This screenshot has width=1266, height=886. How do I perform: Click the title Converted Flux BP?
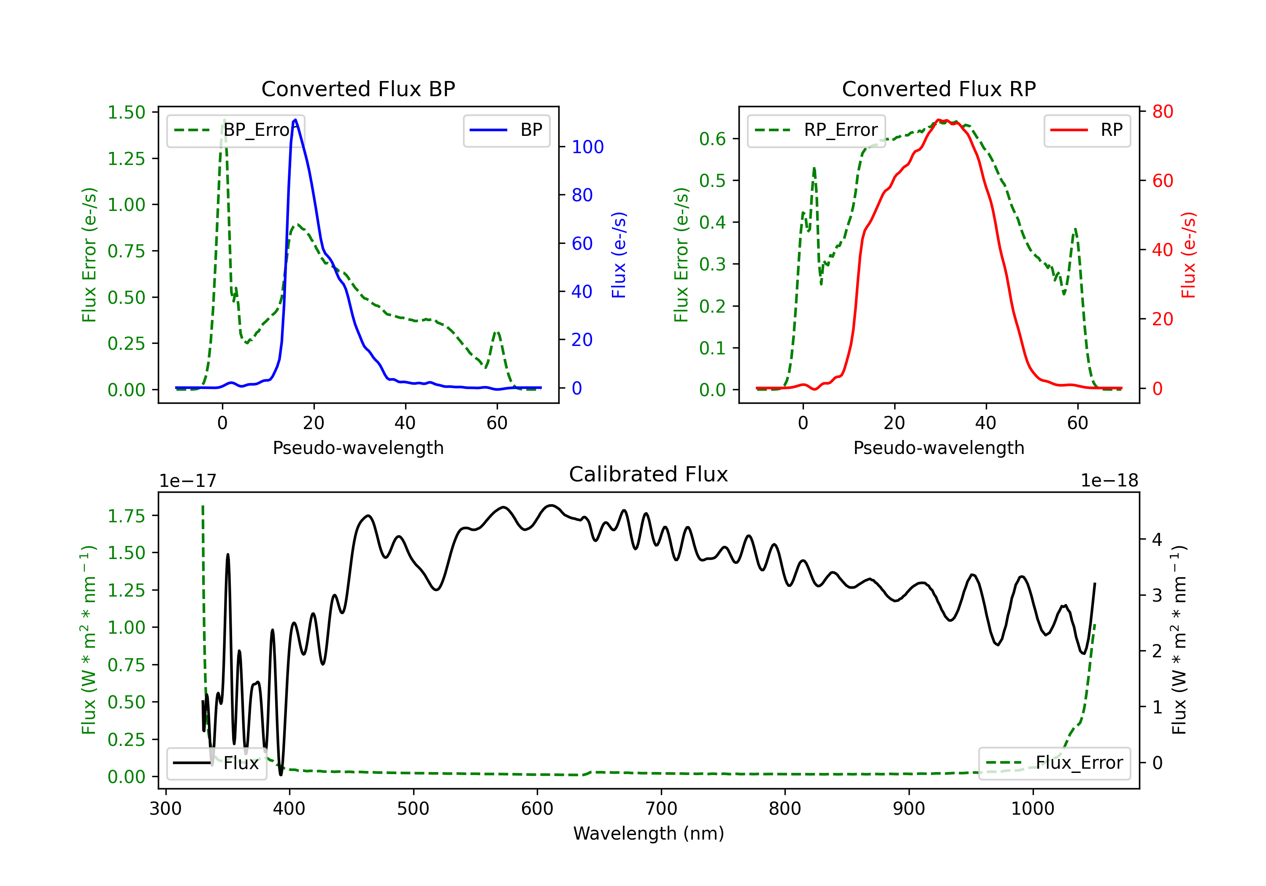tap(358, 89)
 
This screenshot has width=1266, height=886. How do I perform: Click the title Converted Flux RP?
tap(939, 89)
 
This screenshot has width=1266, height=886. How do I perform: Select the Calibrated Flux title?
tap(649, 474)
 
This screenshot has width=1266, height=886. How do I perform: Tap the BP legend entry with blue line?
tap(506, 130)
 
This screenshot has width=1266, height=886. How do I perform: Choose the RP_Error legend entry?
tap(816, 130)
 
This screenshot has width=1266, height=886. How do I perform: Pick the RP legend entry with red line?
tap(1087, 130)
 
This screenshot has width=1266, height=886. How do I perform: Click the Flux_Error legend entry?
tap(1054, 763)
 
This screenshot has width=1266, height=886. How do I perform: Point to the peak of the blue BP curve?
tap(295, 120)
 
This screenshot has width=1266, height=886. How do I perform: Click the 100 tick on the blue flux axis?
tap(588, 147)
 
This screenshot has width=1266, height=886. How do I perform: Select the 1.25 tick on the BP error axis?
tap(126, 159)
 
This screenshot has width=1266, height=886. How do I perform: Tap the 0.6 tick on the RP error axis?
tap(712, 139)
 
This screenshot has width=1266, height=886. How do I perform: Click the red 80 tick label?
tap(1163, 112)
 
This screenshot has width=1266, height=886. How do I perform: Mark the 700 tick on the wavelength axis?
tap(661, 809)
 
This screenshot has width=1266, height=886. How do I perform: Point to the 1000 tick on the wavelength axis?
tap(1033, 809)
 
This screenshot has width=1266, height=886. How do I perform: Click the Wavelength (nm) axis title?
tap(649, 834)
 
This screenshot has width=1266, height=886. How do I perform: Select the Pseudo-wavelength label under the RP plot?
tap(939, 448)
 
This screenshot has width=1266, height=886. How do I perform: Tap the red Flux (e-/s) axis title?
tap(1188, 255)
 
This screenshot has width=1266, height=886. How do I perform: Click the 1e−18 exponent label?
tap(1109, 481)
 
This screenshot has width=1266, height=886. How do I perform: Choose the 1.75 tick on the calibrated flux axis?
tap(126, 516)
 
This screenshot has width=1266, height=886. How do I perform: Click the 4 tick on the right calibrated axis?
tap(1158, 539)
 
